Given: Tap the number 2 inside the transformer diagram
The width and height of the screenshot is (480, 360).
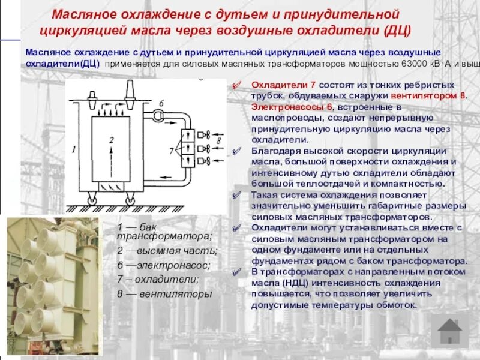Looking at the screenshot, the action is point(111,139).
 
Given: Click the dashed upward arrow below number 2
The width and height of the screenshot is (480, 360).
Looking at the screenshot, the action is point(110,158).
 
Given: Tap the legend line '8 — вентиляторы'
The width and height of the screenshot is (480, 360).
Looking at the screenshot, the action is point(165,294).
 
